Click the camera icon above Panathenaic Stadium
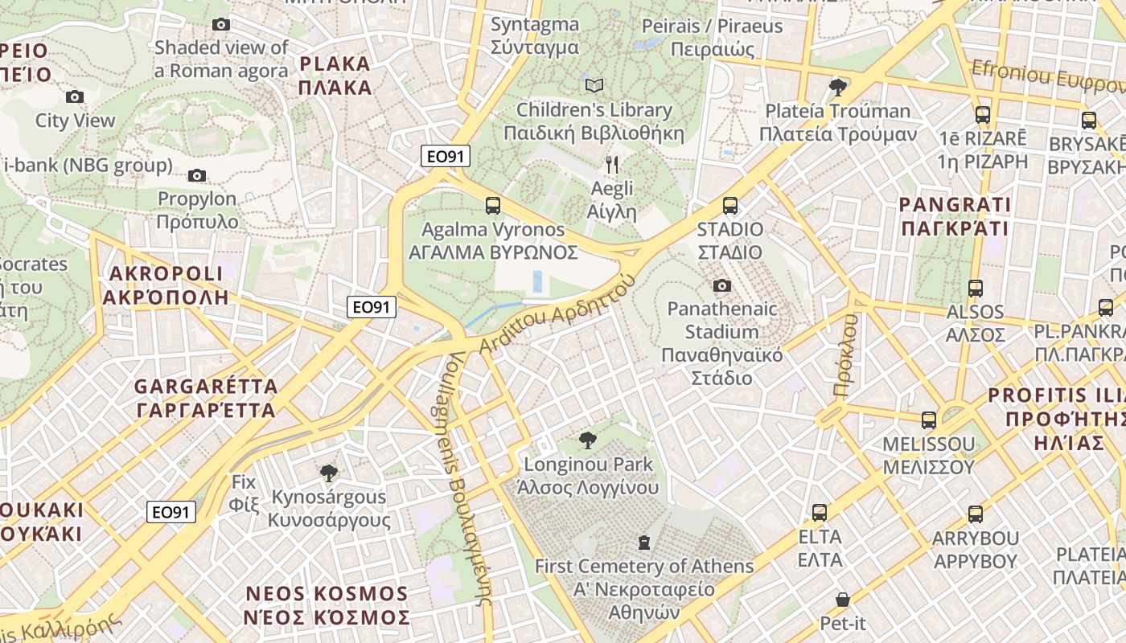pyautogui.click(x=721, y=285)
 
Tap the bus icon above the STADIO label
pyautogui.click(x=729, y=206)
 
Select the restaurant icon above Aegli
pyautogui.click(x=612, y=165)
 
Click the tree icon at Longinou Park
pyautogui.click(x=588, y=440)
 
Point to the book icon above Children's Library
pyautogui.click(x=594, y=85)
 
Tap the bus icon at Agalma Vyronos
pyautogui.click(x=493, y=206)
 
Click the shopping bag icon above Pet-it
pyautogui.click(x=842, y=600)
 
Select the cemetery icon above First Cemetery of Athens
pyautogui.click(x=643, y=543)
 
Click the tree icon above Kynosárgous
pyautogui.click(x=328, y=473)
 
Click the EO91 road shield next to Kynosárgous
pyautogui.click(x=171, y=512)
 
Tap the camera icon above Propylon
pyautogui.click(x=196, y=175)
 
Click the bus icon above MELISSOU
pyautogui.click(x=928, y=420)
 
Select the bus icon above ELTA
pyautogui.click(x=819, y=512)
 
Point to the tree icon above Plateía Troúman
pyautogui.click(x=837, y=86)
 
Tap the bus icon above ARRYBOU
pyautogui.click(x=975, y=514)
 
